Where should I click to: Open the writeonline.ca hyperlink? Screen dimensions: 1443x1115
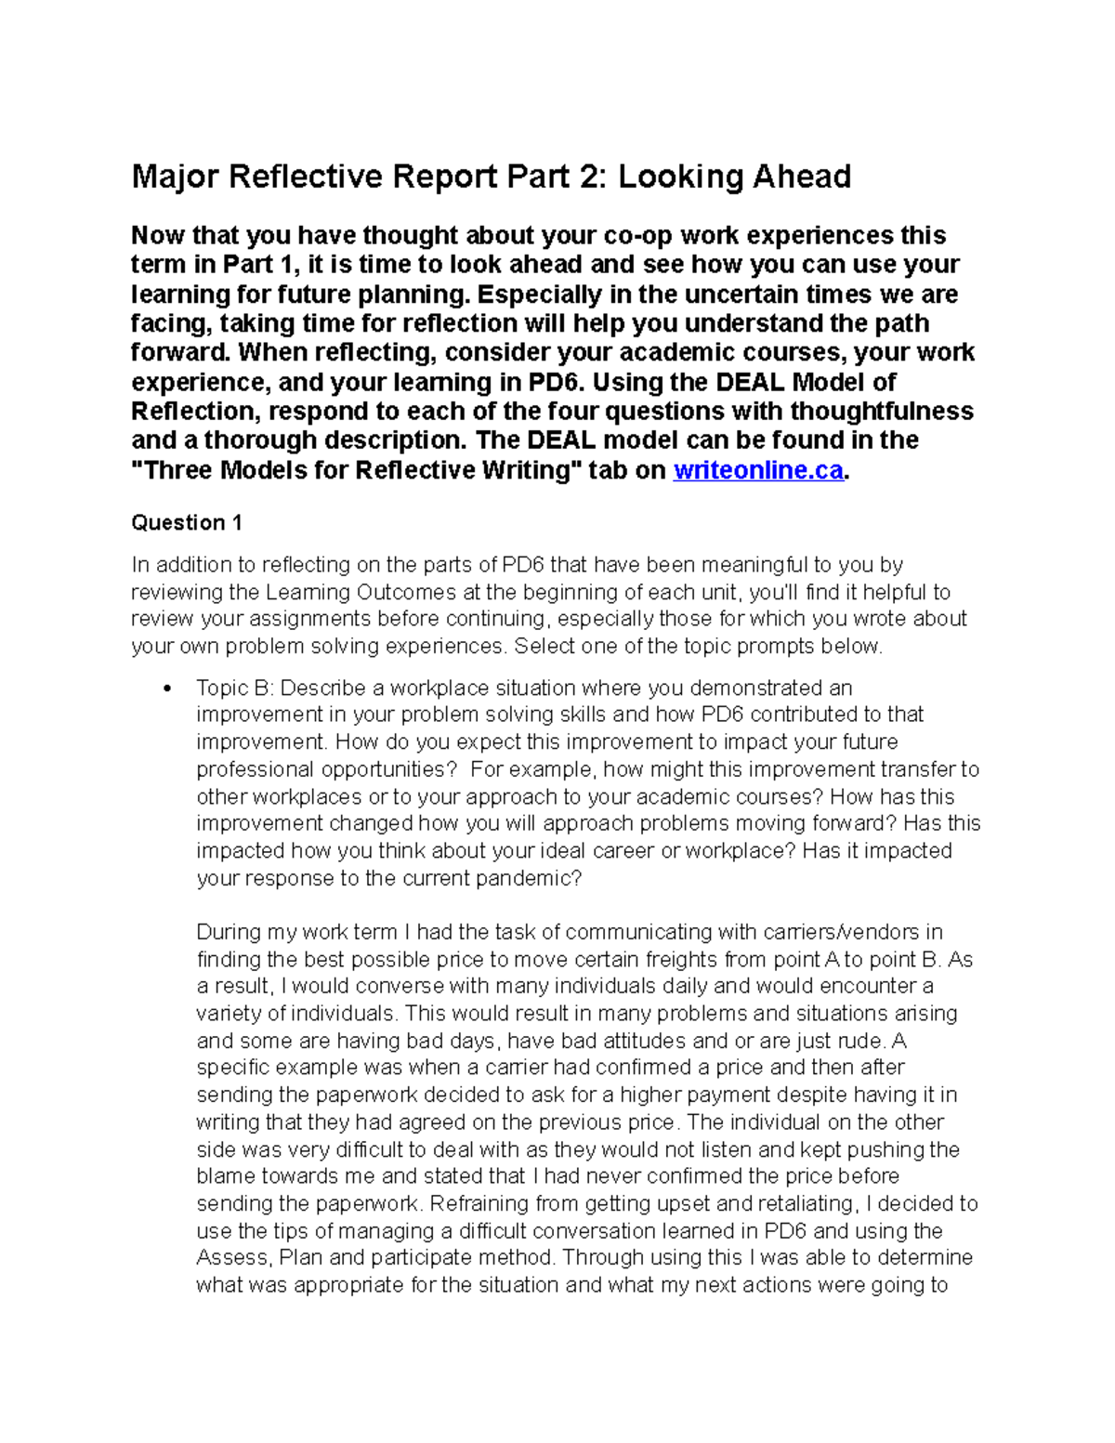tap(758, 470)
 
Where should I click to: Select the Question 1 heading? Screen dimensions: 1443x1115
tap(187, 522)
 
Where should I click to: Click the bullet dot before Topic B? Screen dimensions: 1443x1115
tap(167, 689)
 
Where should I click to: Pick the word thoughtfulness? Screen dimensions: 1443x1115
tap(872, 411)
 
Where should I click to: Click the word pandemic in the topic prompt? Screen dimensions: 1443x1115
tap(528, 878)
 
